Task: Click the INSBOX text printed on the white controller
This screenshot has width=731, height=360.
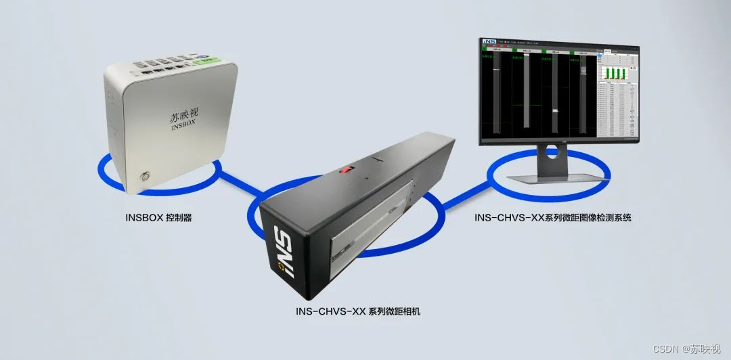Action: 183,127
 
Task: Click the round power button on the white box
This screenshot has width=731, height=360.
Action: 143,179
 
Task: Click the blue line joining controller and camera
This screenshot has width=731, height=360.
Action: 237,184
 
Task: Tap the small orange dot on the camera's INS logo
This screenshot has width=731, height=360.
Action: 280,267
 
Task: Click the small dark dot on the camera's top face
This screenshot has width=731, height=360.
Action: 366,179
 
